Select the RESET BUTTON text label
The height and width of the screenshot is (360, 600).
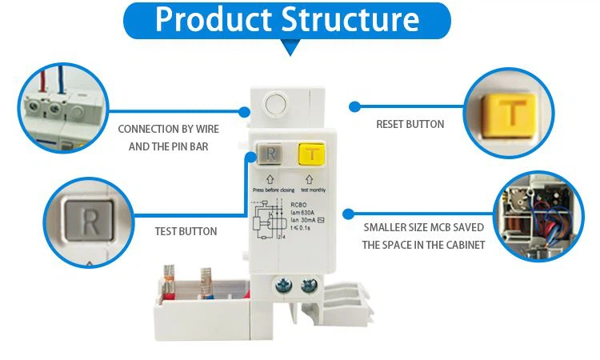pos(410,124)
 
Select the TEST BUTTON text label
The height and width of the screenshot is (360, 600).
pos(186,231)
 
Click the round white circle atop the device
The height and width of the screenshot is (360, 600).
pos(276,103)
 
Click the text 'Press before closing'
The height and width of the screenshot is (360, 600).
pos(274,190)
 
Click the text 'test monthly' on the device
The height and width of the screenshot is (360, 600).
pos(313,190)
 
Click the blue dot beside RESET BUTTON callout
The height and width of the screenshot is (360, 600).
pos(353,106)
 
